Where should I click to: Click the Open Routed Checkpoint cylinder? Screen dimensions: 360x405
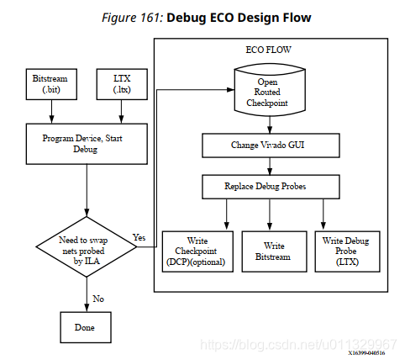[266, 92]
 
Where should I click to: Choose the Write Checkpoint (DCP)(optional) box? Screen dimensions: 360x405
[196, 251]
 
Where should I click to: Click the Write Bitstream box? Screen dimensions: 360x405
[268, 251]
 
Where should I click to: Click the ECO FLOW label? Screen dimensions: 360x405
[267, 50]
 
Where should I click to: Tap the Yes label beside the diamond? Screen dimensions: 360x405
[139, 237]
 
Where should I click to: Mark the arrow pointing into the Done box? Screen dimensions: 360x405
[87, 301]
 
